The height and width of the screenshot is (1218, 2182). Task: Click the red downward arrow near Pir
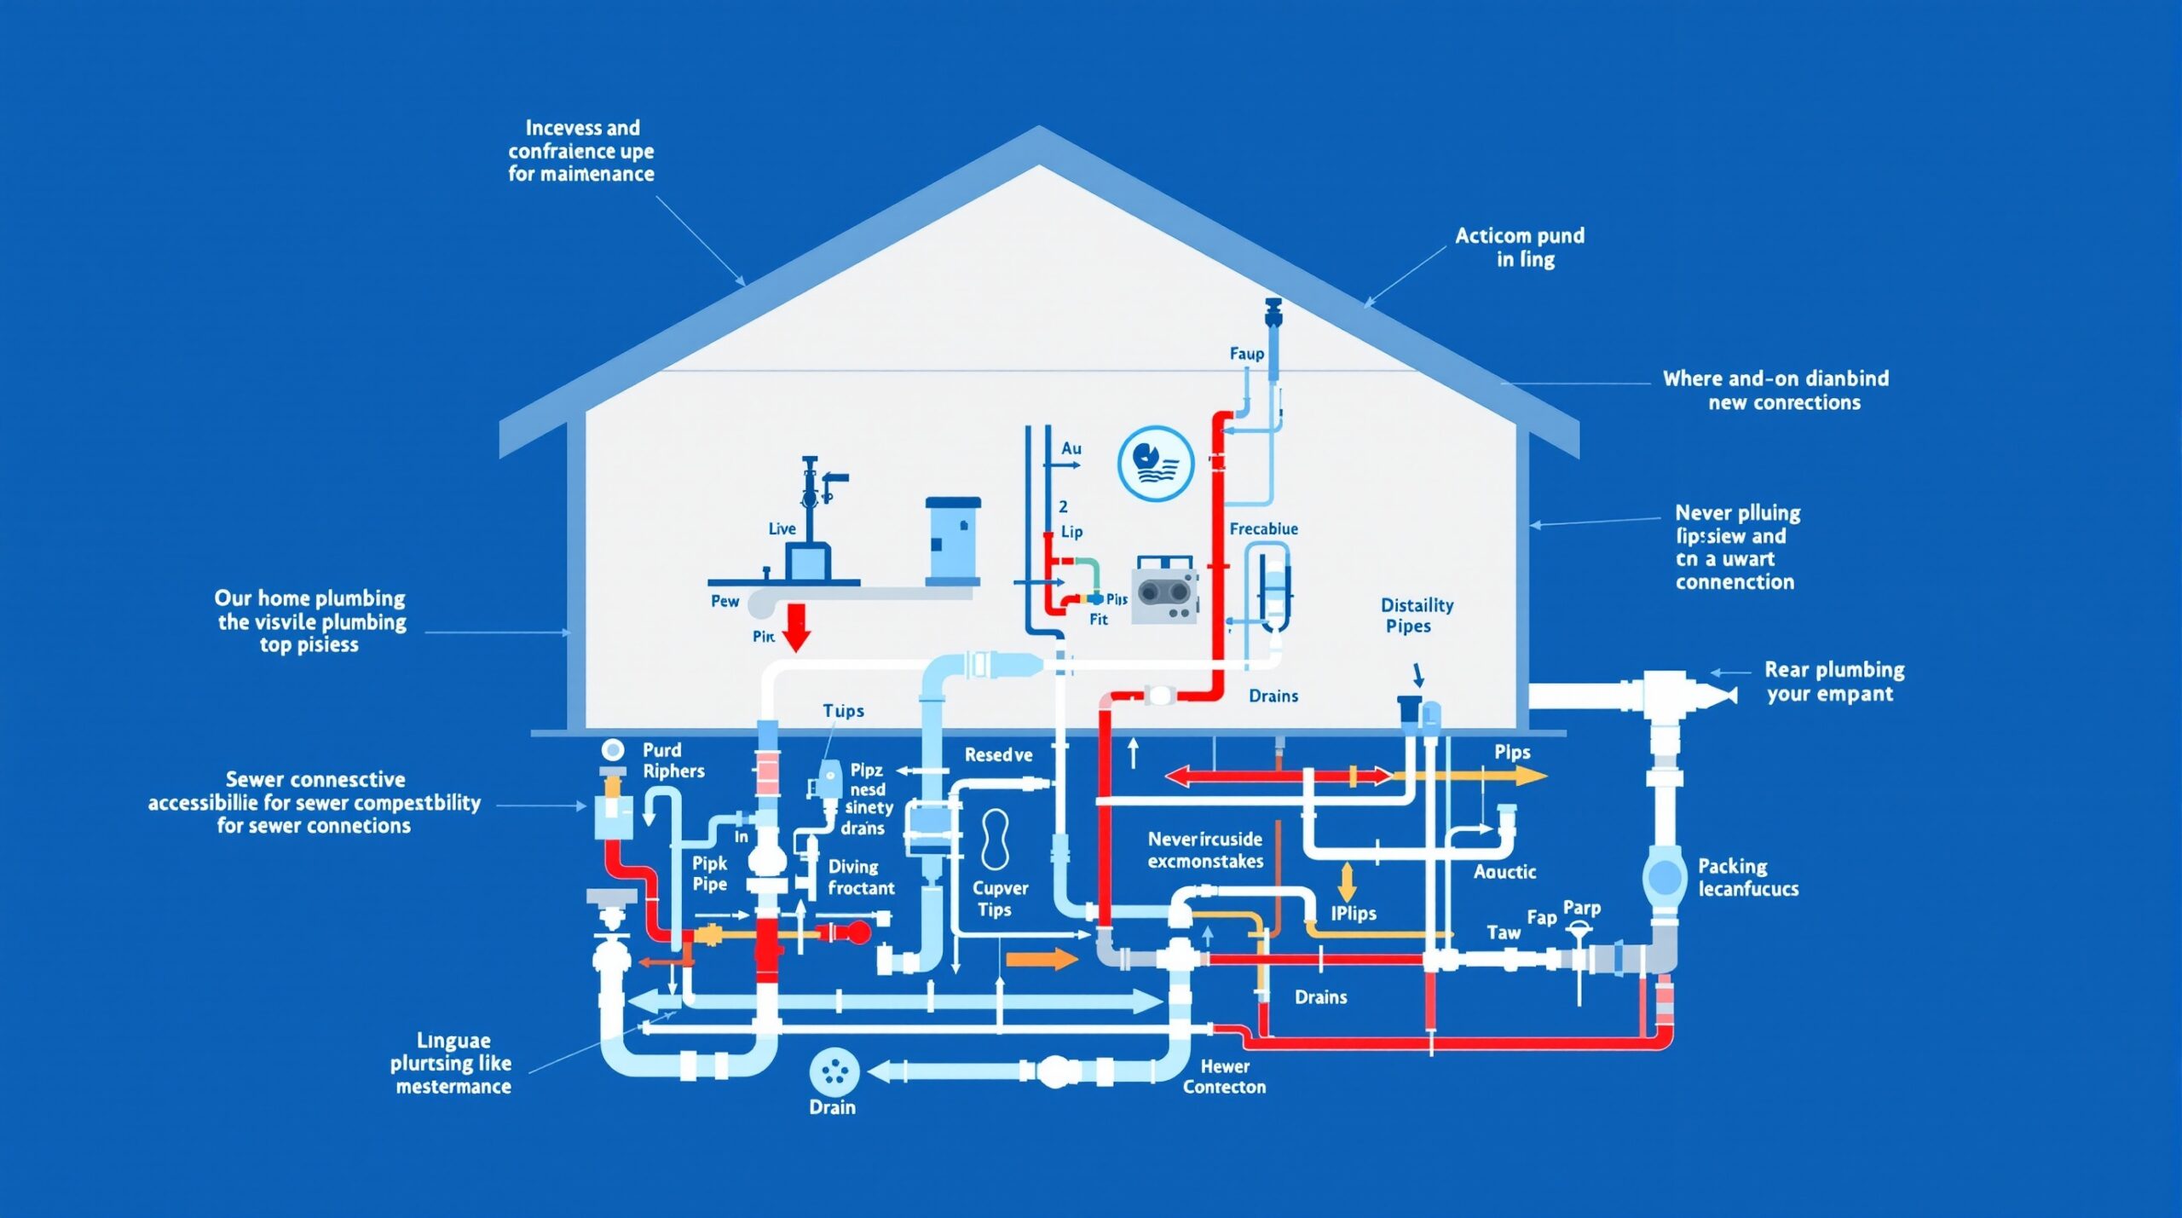click(x=795, y=627)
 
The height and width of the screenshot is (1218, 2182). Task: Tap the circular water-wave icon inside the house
click(x=1155, y=464)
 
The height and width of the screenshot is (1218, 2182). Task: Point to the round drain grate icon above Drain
click(x=834, y=1072)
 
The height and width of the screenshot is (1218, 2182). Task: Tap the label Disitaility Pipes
click(x=1417, y=615)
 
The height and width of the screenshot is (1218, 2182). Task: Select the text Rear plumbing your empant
click(x=1833, y=682)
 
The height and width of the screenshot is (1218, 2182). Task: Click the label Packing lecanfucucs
click(x=1747, y=878)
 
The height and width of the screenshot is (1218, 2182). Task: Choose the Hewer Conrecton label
click(x=1224, y=1077)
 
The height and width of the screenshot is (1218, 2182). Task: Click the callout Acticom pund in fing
click(x=1520, y=247)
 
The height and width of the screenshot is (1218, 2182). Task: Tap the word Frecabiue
click(x=1263, y=529)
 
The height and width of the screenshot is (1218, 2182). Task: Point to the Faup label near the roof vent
click(x=1246, y=354)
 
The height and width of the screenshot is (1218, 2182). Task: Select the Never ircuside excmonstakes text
click(x=1205, y=851)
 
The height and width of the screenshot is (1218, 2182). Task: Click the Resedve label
click(x=998, y=755)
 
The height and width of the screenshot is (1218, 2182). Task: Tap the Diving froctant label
click(x=860, y=877)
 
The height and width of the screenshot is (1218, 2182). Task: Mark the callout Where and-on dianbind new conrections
click(x=1775, y=390)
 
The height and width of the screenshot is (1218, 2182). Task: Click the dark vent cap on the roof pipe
click(x=1273, y=309)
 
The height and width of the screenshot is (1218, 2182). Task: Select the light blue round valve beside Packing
click(x=1663, y=875)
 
